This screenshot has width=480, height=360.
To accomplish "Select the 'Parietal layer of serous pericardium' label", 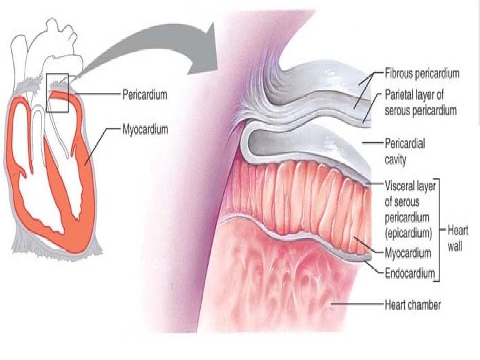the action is [x=420, y=103].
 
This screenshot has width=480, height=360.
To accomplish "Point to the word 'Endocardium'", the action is [x=410, y=273].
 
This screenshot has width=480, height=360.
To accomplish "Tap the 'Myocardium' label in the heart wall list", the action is [x=411, y=253].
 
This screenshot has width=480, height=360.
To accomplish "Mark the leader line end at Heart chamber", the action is [x=333, y=305].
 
